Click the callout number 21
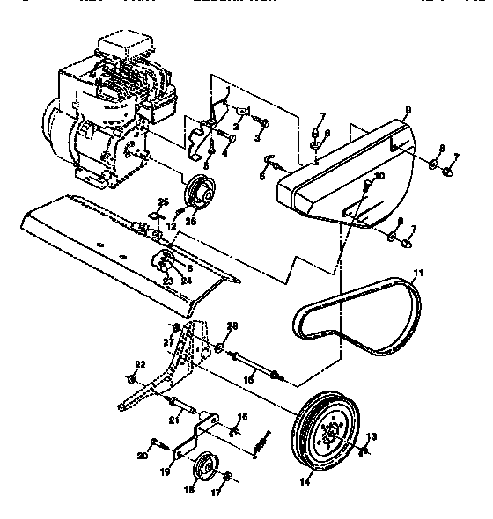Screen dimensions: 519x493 [x=173, y=421]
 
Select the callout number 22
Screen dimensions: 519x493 [x=137, y=364]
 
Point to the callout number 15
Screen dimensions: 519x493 [x=249, y=376]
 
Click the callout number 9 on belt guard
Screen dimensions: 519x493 [x=408, y=112]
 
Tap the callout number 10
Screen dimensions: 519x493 [x=379, y=177]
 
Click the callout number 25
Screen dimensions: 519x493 [x=163, y=201]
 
